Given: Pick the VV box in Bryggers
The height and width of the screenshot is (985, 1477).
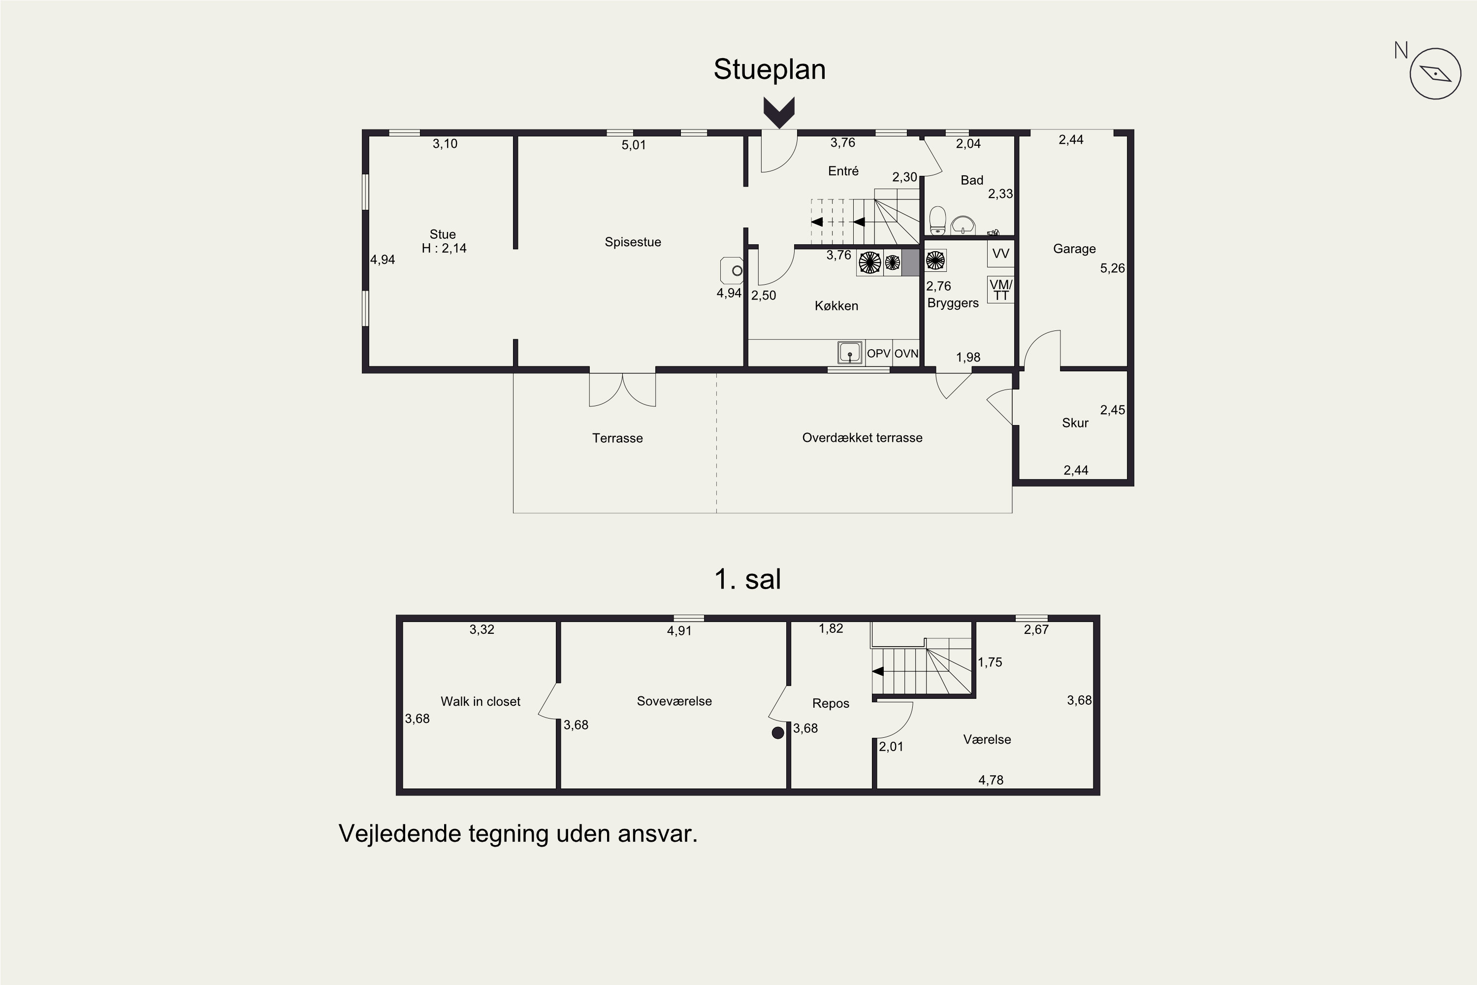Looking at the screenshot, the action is pos(1000,254).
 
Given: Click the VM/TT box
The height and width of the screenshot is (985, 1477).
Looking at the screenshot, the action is pos(1000,290).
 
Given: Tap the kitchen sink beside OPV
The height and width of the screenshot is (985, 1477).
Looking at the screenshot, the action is pos(850,353).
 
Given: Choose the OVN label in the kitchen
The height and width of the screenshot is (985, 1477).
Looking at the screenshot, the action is pos(906,354).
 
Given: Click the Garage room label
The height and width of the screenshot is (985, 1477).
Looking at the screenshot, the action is pos(1074,249).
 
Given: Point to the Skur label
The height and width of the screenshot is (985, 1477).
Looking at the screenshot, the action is pos(1075,423).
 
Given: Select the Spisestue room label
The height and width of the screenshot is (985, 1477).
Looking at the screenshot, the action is pos(633,242).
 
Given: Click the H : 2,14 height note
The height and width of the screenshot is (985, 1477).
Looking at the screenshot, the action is pos(444,248).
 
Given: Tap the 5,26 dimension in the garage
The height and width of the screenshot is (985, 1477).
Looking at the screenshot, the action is pos(1113,268).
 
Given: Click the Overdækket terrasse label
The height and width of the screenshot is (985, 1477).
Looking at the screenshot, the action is pos(862,438).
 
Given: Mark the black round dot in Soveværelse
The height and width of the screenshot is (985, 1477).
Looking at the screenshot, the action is pos(778,732).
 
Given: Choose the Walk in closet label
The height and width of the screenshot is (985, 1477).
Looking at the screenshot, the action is pos(481,702).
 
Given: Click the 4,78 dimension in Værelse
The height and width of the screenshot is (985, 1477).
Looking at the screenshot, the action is pos(991,780).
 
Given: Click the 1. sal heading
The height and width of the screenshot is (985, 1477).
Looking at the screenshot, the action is pos(747,579).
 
